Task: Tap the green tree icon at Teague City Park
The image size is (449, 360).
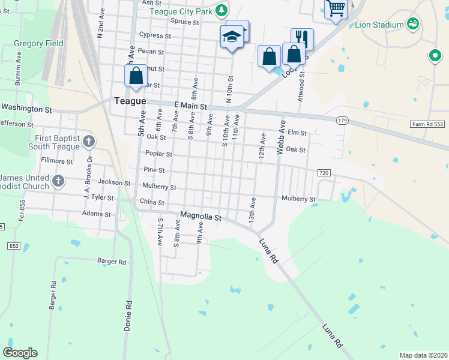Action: pos(221,10)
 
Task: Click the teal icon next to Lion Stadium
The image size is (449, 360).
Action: pos(412,24)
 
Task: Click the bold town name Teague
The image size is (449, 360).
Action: pos(130,101)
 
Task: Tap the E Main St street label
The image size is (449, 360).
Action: pos(191,106)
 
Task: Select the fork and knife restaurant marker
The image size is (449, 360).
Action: pos(303,38)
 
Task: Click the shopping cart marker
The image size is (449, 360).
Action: pos(336,8)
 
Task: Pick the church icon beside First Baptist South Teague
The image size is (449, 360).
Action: pos(89,142)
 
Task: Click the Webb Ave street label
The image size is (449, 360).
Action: pos(280,138)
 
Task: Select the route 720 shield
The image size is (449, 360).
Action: pos(324,173)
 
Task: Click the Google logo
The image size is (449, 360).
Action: pos(20,353)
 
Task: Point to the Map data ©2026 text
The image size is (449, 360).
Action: pos(423,355)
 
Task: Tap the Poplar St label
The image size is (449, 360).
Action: pos(158,154)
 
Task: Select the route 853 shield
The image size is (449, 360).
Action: pos(13,246)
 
